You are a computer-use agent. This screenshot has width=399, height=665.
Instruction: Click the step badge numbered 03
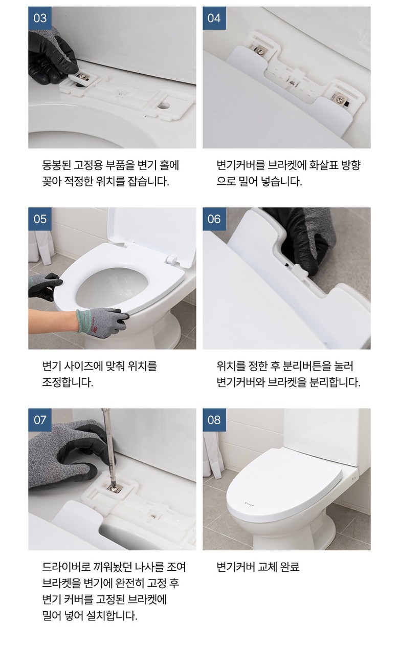[x=40, y=18]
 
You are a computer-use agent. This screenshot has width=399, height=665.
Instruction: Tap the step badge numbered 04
[x=214, y=18]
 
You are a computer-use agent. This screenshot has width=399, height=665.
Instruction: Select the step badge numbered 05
[x=40, y=219]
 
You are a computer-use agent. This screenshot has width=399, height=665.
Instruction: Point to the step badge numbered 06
[x=214, y=219]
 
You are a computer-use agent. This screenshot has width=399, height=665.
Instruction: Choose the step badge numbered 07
[x=40, y=420]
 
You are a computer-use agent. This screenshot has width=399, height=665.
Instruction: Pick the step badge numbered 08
[x=214, y=420]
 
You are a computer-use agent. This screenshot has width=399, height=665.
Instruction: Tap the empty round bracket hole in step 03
[x=164, y=105]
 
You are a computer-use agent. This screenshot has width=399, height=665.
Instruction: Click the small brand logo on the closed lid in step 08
[x=249, y=503]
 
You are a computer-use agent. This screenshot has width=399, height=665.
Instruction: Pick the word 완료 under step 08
[x=290, y=567]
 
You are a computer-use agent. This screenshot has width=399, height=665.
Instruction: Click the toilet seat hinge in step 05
[x=172, y=259]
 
